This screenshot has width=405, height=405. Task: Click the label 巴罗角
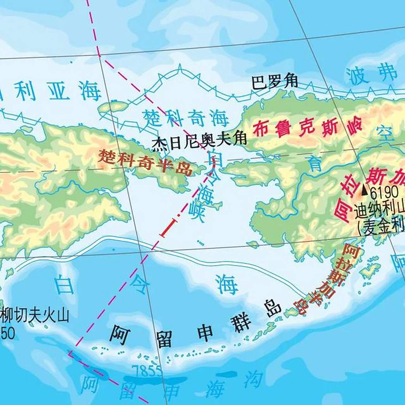(274, 82)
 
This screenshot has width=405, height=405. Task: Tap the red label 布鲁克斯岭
(307, 128)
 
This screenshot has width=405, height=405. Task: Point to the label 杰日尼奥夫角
(199, 142)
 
